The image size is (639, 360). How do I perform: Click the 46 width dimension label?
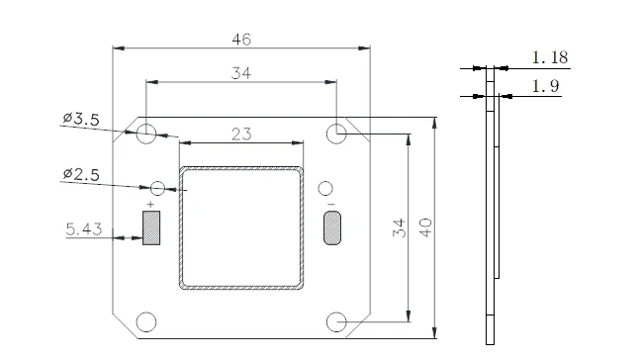coord(241,40)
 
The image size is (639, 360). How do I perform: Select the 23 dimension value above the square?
coord(241,135)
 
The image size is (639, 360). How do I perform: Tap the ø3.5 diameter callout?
coord(81,119)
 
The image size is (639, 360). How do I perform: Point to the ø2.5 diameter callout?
coord(81,174)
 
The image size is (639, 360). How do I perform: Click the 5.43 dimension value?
coord(83,229)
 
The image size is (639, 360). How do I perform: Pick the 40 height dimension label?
coord(425,228)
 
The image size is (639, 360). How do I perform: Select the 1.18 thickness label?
coord(550,57)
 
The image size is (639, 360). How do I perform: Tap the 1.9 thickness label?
coord(545,86)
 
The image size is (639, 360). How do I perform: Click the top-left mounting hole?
coord(145,134)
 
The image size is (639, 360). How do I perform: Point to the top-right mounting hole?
coord(336,134)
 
